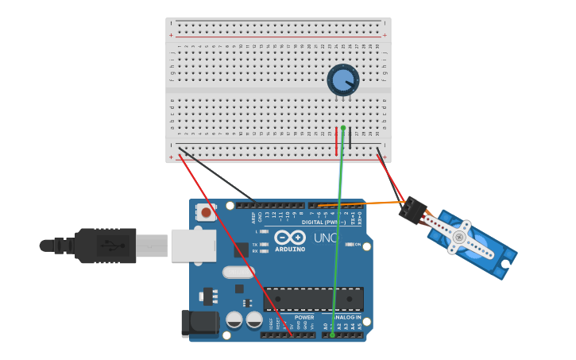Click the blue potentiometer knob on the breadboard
342,79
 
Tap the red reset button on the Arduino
207,211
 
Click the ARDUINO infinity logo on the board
290,238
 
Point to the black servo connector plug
412,211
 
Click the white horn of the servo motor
458,237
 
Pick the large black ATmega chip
313,299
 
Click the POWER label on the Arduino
304,317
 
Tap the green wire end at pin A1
332,335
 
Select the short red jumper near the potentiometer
336,141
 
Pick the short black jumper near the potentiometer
350,139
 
